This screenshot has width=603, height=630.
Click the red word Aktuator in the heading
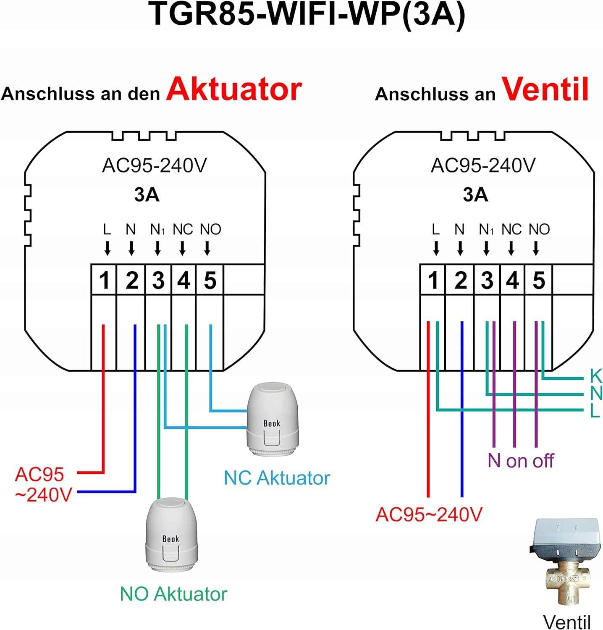pos(234,89)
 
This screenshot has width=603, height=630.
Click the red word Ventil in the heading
pos(545,89)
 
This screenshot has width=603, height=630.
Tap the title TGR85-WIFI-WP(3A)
pos(307,15)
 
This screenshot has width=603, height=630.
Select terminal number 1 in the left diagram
pos(104,280)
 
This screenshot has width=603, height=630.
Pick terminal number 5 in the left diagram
pos(210,280)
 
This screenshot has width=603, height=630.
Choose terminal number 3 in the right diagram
pos(487,280)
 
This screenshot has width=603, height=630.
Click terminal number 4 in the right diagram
pos(512,280)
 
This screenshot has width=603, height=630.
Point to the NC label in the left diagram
pos(183,229)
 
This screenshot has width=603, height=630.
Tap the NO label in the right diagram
pos(539,229)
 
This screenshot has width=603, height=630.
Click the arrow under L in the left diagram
pos(107,248)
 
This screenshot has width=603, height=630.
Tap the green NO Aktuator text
pos(173,594)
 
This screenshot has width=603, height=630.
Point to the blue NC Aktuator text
pos(277,478)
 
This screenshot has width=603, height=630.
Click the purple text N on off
pos(521,461)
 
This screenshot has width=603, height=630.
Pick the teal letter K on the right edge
pos(596,375)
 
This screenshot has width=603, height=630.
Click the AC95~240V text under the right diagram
pos(429,514)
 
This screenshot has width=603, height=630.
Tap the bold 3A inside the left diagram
pos(147,195)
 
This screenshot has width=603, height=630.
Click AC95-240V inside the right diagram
pos(483,165)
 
